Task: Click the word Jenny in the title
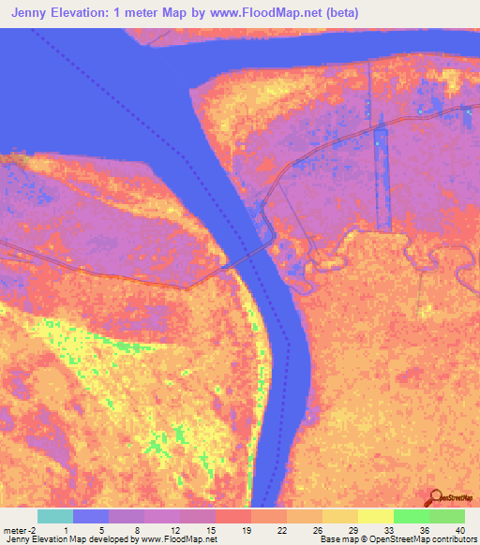[x=37, y=13]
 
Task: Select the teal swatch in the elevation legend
[x=54, y=516]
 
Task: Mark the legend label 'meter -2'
[x=21, y=530]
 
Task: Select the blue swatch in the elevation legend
[x=90, y=516]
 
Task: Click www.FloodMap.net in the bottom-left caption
[x=175, y=539]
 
